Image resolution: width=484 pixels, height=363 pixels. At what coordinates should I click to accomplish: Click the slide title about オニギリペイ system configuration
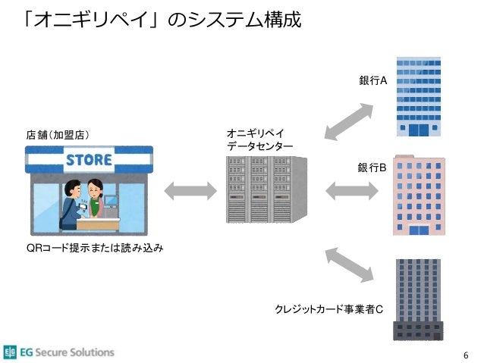pos(162,20)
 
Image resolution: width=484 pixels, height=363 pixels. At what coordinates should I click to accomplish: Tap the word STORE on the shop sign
pos(89,160)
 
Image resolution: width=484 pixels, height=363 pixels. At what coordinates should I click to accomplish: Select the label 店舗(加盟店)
pos(58,135)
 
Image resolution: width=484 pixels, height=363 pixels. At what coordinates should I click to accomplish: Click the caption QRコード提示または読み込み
pos(95,248)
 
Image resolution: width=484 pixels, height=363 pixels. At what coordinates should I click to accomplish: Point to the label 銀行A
pos(373,80)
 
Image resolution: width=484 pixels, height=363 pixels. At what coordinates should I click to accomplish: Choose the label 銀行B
pos(372,167)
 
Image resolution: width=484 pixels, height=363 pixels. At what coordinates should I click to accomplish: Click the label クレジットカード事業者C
pos(328,309)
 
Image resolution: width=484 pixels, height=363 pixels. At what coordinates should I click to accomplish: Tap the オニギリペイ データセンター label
pos(259,140)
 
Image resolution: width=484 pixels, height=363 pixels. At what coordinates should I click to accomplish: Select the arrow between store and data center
pos(190,191)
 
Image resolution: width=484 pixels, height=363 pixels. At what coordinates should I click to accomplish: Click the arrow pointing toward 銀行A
pos(349,121)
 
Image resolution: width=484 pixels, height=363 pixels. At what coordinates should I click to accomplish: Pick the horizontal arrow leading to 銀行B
pos(352,191)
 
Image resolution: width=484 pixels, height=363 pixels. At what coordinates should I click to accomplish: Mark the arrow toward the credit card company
pos(349,264)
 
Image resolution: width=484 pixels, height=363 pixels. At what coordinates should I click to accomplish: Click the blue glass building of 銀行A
pos(419,96)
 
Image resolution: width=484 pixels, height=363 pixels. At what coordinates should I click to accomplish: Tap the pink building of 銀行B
pos(419,196)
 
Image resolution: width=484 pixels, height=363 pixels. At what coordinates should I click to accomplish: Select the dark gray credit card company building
pos(418,299)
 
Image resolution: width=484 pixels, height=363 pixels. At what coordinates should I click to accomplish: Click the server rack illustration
pos(267,189)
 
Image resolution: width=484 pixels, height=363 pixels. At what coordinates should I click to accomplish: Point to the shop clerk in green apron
pos(96,198)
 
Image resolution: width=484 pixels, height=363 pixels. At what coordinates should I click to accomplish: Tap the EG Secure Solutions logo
pos(59,352)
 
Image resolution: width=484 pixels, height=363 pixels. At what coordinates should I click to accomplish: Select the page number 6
pos(466,355)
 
